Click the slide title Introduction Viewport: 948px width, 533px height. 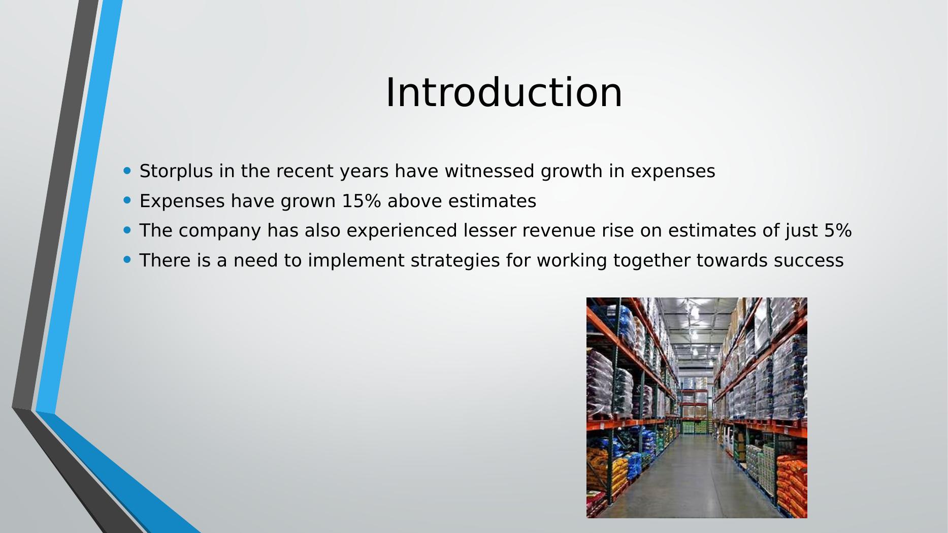click(504, 92)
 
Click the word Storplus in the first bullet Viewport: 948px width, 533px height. click(176, 172)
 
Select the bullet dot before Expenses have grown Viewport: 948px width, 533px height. click(127, 200)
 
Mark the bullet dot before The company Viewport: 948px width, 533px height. click(127, 230)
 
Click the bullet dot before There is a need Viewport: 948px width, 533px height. click(127, 259)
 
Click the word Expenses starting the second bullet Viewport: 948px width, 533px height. click(182, 202)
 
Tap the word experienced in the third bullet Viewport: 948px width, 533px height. click(402, 231)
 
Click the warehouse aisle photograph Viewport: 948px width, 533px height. click(697, 408)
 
